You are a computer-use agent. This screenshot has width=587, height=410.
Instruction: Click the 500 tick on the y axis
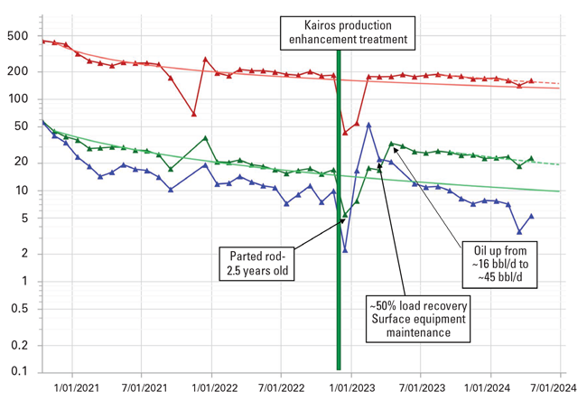21,35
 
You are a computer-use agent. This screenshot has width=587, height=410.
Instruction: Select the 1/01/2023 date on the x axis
351,388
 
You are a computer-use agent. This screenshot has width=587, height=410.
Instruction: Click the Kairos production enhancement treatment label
347,33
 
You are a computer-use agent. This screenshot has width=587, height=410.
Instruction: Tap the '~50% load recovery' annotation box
409,317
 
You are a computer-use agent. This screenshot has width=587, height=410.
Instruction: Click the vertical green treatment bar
339,226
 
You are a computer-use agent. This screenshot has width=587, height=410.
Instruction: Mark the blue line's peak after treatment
368,125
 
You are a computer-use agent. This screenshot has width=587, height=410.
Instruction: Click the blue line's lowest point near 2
345,250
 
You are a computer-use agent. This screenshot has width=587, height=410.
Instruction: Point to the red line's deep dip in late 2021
194,114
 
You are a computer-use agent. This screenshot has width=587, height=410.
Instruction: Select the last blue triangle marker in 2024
531,216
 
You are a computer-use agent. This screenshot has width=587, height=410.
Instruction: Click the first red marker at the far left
43,41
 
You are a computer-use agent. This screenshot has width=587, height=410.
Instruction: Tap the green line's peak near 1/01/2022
206,138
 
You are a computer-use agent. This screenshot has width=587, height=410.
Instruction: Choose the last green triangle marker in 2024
531,158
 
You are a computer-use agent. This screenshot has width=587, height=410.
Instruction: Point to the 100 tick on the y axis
21,98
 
